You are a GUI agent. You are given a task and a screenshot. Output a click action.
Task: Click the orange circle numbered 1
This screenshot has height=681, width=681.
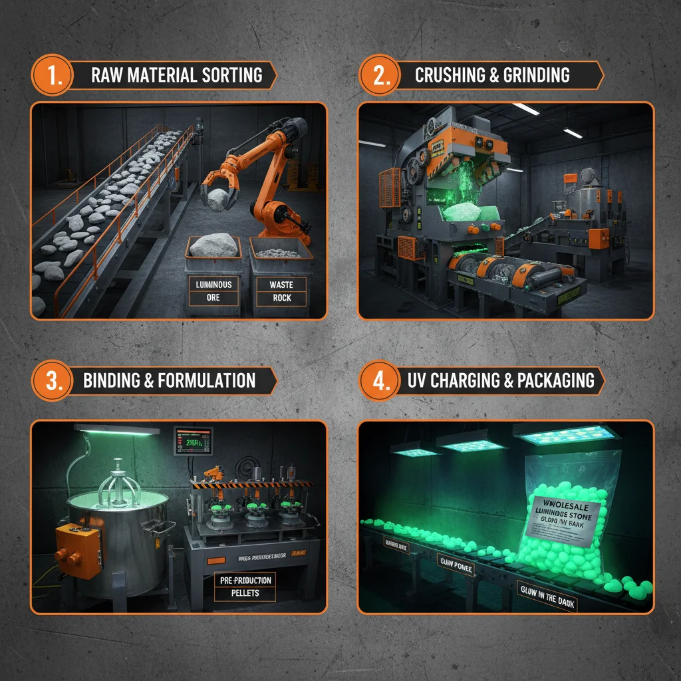pos(52,74)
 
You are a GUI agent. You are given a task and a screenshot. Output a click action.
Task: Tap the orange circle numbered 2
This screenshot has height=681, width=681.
pos(380,74)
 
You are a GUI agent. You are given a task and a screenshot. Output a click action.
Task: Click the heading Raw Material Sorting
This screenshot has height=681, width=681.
pos(176,74)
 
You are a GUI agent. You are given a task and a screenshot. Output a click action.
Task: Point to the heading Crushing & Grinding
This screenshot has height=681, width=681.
pos(492,74)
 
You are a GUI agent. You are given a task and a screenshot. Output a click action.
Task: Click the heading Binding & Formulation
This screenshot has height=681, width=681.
pos(169,380)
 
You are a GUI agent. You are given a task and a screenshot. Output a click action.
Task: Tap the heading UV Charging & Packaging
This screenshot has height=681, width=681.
pos(500,380)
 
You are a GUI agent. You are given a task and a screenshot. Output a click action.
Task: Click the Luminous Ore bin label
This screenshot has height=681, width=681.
pos(213,291)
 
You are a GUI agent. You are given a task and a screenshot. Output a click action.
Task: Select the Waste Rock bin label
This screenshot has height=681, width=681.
pos(281,291)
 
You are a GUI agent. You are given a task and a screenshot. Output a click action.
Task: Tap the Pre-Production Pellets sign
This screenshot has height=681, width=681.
pos(247,585)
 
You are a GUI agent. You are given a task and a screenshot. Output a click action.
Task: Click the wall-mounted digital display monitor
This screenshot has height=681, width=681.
pos(193,440)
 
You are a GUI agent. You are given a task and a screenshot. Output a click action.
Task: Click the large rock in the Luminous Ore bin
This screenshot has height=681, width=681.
pos(213,245)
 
